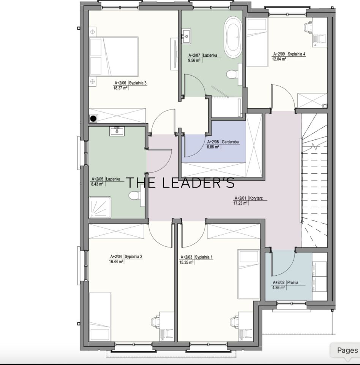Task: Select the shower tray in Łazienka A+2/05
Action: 100,207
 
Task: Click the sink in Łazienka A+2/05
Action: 117,131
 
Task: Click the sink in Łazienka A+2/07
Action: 186,36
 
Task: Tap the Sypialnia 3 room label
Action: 138,83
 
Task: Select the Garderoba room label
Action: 230,142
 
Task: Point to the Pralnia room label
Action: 293,282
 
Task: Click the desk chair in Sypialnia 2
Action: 155,322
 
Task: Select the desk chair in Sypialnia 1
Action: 234,322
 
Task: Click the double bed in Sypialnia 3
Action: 114,56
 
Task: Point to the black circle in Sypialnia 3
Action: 93,119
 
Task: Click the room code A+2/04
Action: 116,257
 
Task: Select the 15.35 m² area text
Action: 186,262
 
